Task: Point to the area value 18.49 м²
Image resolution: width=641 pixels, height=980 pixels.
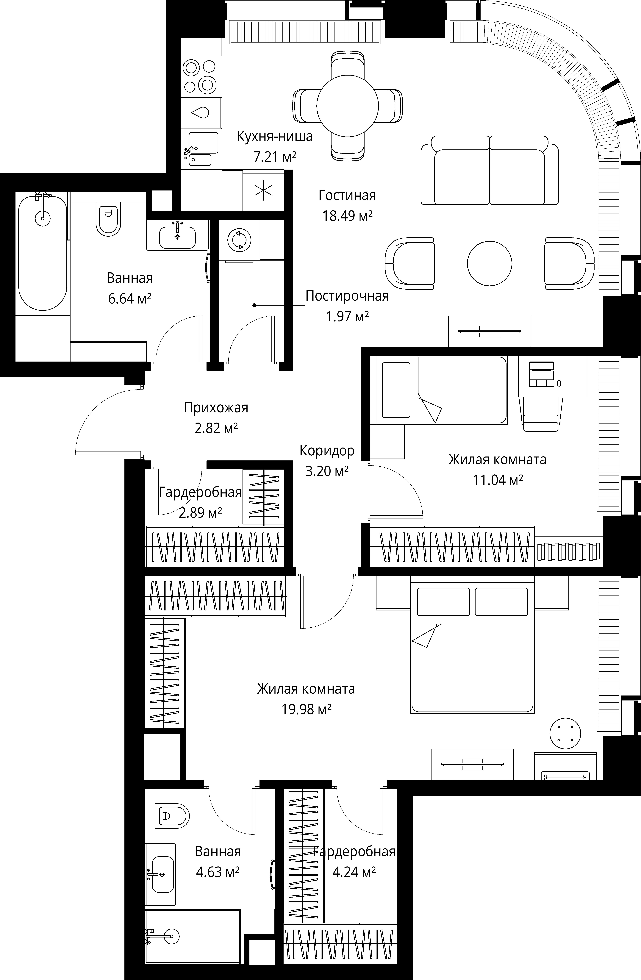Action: (x=347, y=216)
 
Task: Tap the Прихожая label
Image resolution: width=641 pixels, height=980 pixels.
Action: (x=216, y=408)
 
